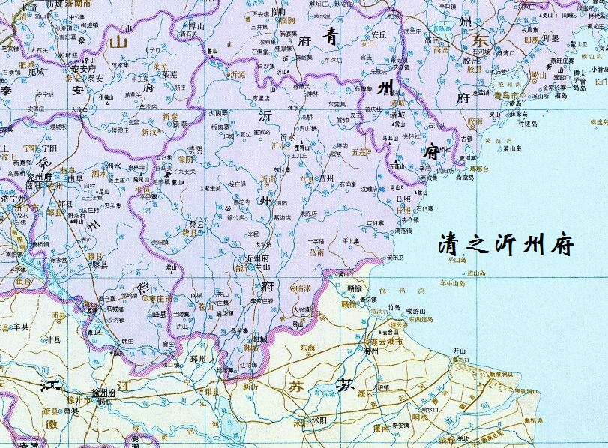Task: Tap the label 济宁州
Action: [x=13, y=200]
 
